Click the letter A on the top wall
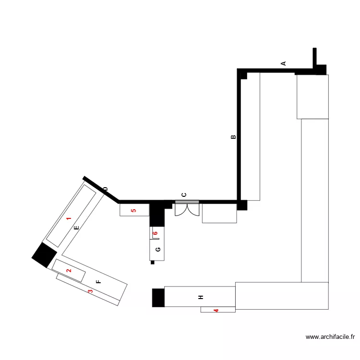(x=283, y=63)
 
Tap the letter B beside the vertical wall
(x=233, y=137)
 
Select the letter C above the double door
(x=184, y=195)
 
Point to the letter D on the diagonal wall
(x=105, y=190)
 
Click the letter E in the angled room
(x=76, y=228)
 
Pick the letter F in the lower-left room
(x=98, y=282)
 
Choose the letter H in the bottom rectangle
(x=201, y=298)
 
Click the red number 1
(x=69, y=219)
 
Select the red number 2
(x=69, y=271)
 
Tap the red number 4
(x=216, y=311)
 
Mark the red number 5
(x=134, y=210)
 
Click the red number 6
(x=155, y=234)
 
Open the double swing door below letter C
(x=187, y=210)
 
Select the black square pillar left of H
(x=158, y=297)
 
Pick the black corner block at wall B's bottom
(x=242, y=205)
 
